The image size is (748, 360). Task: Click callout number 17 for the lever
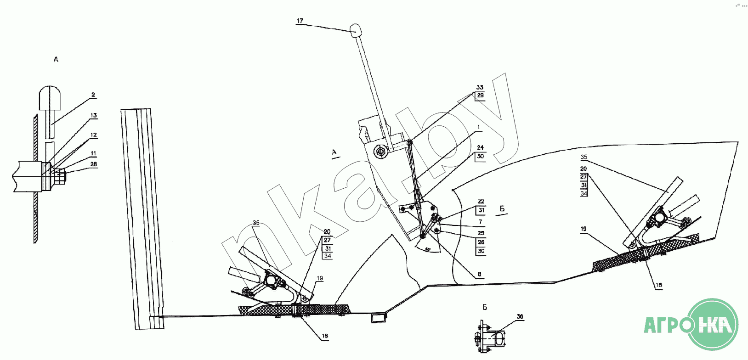click(300, 21)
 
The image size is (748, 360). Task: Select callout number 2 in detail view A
click(93, 95)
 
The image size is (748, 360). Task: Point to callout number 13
click(94, 115)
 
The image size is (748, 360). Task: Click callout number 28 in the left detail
click(94, 164)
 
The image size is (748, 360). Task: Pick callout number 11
click(94, 153)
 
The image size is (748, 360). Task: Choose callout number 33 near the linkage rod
click(480, 87)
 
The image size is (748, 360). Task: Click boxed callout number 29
click(480, 96)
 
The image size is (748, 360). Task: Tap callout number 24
click(480, 147)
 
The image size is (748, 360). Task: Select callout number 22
click(481, 202)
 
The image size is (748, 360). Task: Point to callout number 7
click(481, 222)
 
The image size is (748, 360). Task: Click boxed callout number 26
click(481, 242)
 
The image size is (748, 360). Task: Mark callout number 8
click(480, 274)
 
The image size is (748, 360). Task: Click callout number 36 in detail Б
click(520, 316)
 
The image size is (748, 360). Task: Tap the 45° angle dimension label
click(428, 249)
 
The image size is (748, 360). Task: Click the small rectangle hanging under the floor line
click(379, 317)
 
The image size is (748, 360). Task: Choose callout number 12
click(94, 135)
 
